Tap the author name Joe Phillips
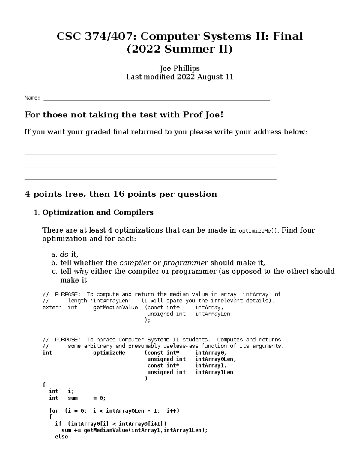pyautogui.click(x=180, y=68)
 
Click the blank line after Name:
pyautogui.click(x=157, y=99)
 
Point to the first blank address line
pyautogui.click(x=150, y=154)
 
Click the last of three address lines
pyautogui.click(x=150, y=180)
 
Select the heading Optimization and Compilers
pyautogui.click(x=98, y=212)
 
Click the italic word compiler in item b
pyautogui.click(x=135, y=263)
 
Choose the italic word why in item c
pyautogui.click(x=81, y=271)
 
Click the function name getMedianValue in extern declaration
pyautogui.click(x=115, y=307)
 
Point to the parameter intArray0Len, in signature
pyautogui.click(x=216, y=359)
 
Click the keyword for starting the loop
pyautogui.click(x=53, y=411)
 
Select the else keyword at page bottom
pyautogui.click(x=61, y=437)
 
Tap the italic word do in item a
pyautogui.click(x=64, y=254)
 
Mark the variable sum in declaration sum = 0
pyautogui.click(x=73, y=398)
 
